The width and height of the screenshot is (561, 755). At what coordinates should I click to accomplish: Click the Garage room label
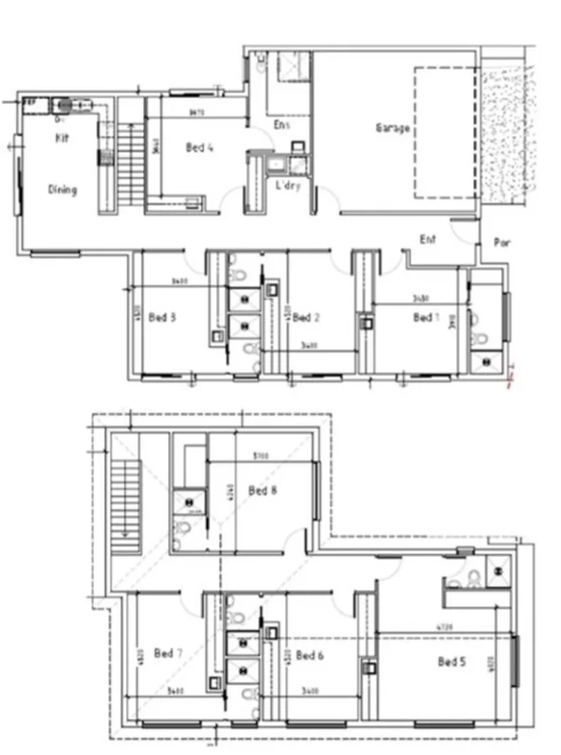click(392, 128)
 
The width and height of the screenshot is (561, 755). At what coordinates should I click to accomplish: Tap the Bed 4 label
click(199, 148)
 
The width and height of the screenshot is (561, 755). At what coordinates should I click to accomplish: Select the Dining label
click(62, 190)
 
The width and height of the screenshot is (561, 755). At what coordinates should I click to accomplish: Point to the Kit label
click(61, 138)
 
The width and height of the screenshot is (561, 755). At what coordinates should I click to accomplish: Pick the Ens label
click(282, 125)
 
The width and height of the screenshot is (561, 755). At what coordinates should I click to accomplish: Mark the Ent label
click(428, 240)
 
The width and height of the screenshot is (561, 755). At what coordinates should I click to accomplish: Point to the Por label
click(502, 243)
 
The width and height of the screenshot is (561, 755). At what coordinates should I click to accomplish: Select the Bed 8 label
click(263, 491)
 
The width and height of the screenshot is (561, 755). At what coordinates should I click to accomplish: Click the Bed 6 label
click(310, 655)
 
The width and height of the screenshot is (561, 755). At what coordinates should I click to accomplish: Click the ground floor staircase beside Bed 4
click(128, 164)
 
